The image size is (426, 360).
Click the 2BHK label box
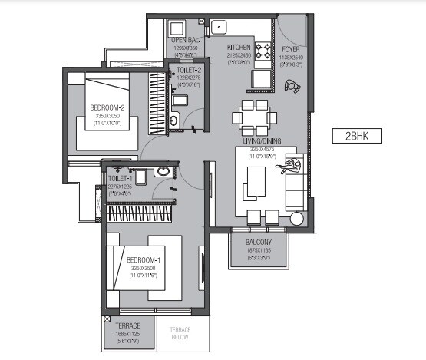(x=358, y=137)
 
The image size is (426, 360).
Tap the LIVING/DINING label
(x=257, y=142)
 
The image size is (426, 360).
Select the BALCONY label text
(x=260, y=242)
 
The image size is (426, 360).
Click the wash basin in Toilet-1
(x=162, y=172)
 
